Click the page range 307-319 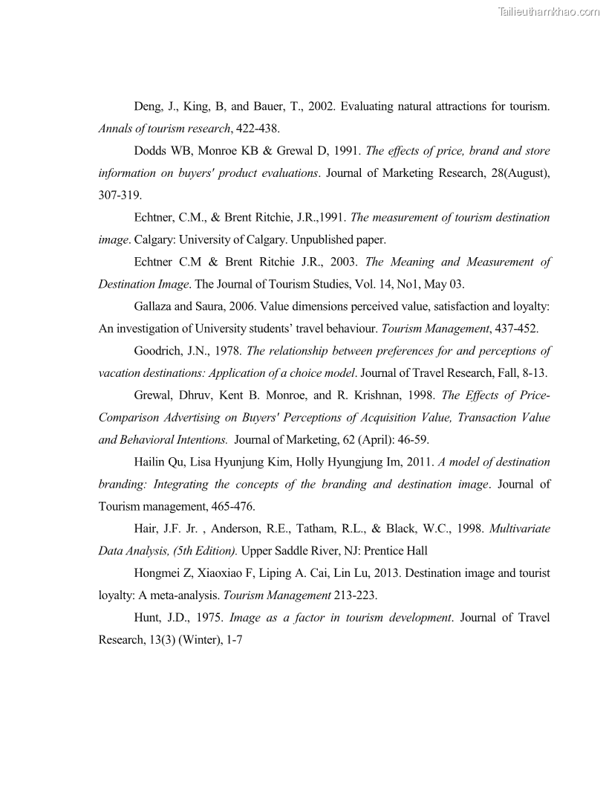pyautogui.click(x=120, y=196)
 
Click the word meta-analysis pyautogui.click(x=182, y=595)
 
